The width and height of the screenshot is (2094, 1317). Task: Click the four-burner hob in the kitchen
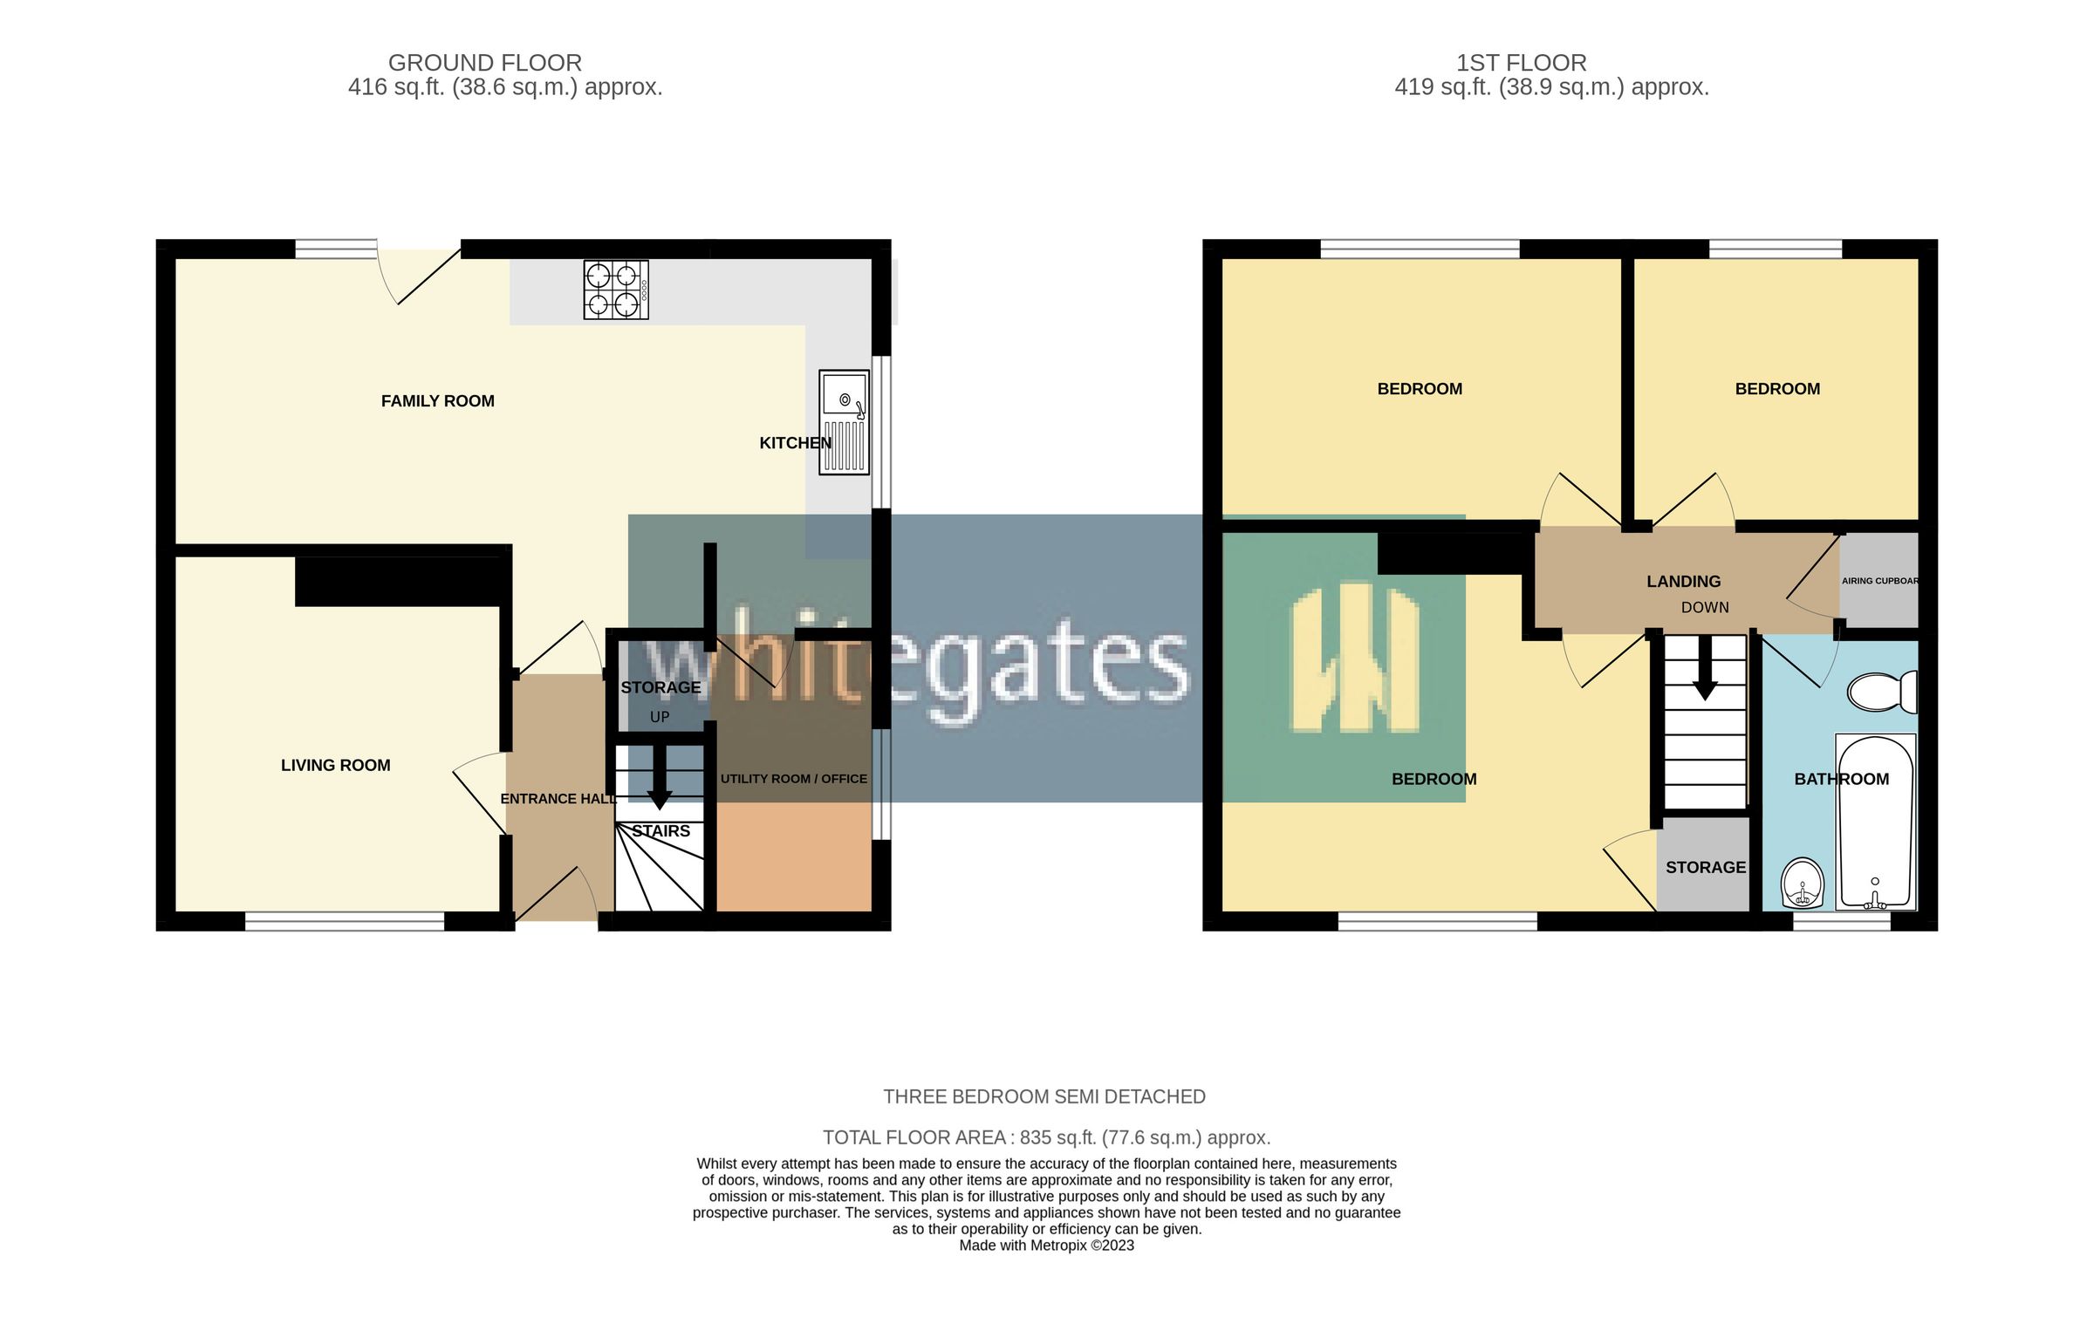pyautogui.click(x=616, y=290)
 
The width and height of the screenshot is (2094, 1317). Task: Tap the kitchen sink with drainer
pyautogui.click(x=844, y=422)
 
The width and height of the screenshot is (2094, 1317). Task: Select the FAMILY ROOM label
pyautogui.click(x=437, y=401)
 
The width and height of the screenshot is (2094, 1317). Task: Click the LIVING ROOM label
pyautogui.click(x=335, y=765)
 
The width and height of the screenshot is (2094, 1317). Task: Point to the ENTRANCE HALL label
pyautogui.click(x=558, y=799)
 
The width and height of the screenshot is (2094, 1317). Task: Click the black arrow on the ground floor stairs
pyautogui.click(x=660, y=779)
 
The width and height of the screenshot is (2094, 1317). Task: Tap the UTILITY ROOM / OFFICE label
pyautogui.click(x=793, y=779)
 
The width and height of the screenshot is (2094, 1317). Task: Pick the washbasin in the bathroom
pyautogui.click(x=1802, y=884)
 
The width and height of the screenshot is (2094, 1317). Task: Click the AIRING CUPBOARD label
pyautogui.click(x=1879, y=581)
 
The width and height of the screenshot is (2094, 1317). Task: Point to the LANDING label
pyautogui.click(x=1683, y=582)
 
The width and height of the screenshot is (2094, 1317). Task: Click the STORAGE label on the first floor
pyautogui.click(x=1705, y=867)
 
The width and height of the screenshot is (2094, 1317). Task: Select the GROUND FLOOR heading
pyautogui.click(x=484, y=63)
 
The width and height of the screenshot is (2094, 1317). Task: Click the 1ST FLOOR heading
pyautogui.click(x=1521, y=63)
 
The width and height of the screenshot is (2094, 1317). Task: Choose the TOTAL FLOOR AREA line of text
pyautogui.click(x=1046, y=1137)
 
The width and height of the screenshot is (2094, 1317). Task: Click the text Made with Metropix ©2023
pyautogui.click(x=1046, y=1245)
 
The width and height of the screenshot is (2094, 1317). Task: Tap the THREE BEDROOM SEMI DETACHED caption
pyautogui.click(x=1044, y=1096)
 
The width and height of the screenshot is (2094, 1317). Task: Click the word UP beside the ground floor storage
pyautogui.click(x=660, y=717)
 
